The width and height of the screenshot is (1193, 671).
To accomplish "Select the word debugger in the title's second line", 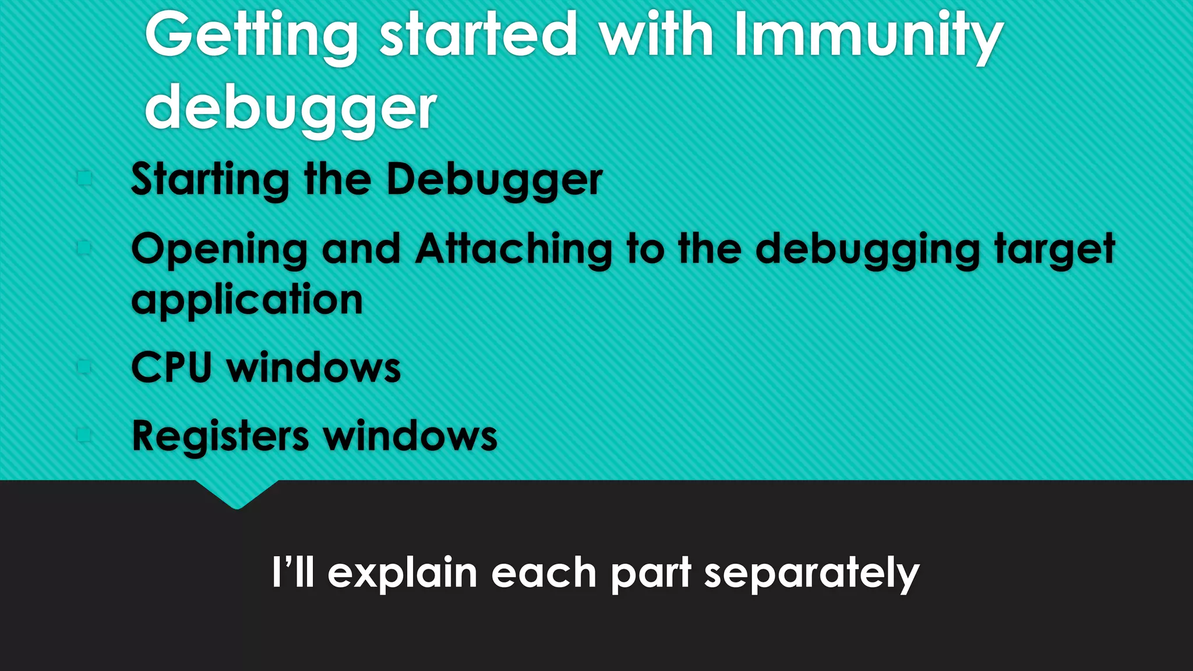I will coord(290,108).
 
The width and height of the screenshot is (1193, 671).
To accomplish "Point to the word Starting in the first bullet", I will coord(210,179).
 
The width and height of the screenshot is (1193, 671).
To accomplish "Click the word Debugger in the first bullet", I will coord(495,179).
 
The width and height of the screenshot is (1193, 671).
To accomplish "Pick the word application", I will coord(247,299).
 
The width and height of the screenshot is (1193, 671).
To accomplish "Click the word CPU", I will coord(171,368).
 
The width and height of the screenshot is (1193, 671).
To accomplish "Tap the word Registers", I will coord(220,436).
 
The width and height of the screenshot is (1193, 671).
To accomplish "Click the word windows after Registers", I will coord(411,436).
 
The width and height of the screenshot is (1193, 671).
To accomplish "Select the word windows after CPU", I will coord(314,368).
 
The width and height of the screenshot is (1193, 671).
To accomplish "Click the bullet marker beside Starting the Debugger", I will coord(84,178).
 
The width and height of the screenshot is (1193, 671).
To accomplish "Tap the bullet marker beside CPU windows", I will coord(84,366).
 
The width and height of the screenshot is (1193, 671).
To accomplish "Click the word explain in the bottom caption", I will coord(403,573).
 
